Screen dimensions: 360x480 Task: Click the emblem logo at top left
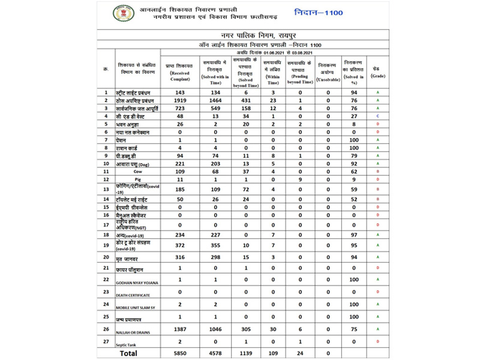[122, 13]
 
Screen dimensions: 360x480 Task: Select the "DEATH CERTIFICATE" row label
[133, 295]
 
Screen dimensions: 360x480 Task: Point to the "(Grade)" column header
[378, 76]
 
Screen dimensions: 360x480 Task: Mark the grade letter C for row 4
[378, 115]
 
